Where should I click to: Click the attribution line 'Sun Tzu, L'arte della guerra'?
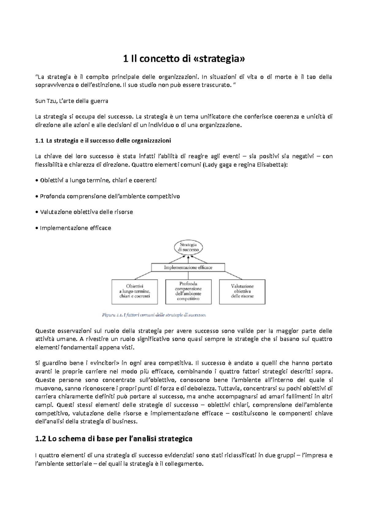[71, 101]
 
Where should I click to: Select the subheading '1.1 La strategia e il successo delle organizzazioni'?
[103, 141]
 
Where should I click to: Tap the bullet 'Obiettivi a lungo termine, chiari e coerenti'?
[98, 180]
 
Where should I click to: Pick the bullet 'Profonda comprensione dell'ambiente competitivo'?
[110, 196]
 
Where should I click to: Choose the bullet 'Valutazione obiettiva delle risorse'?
[86, 212]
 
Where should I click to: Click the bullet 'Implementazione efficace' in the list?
[75, 228]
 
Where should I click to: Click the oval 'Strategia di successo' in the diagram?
[188, 247]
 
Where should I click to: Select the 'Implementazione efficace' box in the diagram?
[188, 268]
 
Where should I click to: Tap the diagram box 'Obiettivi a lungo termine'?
[135, 291]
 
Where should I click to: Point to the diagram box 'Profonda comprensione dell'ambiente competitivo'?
[188, 291]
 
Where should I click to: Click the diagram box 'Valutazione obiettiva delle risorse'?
[242, 291]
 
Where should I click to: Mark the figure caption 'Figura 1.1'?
[154, 315]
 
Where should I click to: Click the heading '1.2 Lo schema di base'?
[114, 439]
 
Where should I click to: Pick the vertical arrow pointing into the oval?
[188, 259]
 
